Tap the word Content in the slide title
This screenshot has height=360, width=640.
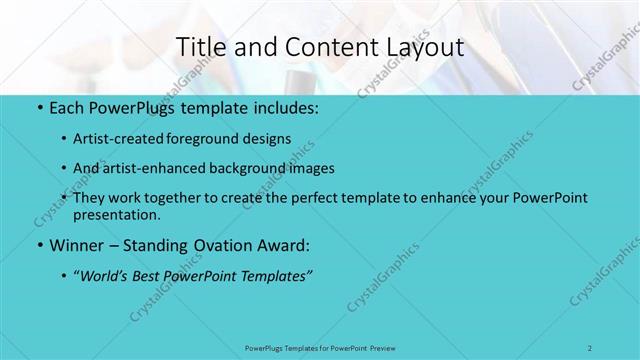pos(321,47)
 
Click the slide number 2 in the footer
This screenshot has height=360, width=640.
pos(590,347)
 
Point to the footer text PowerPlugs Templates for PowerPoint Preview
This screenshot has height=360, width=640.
pos(319,347)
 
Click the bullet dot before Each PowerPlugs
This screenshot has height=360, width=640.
pos(39,106)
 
